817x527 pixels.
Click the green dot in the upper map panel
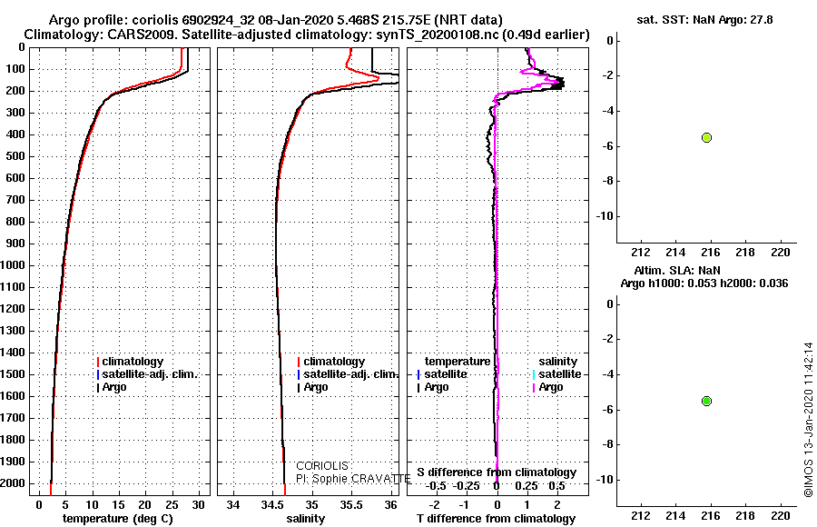pyautogui.click(x=706, y=138)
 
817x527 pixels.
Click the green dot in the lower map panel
pyautogui.click(x=706, y=402)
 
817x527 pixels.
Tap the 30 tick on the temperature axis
pyautogui.click(x=199, y=505)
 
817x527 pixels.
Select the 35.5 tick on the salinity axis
pyautogui.click(x=351, y=505)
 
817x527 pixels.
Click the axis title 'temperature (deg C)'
pyautogui.click(x=118, y=519)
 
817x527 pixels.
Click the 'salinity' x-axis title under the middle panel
pyautogui.click(x=306, y=519)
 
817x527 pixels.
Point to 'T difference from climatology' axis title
pyautogui.click(x=497, y=519)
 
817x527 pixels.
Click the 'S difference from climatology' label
pyautogui.click(x=497, y=472)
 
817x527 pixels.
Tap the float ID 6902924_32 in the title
pyautogui.click(x=218, y=20)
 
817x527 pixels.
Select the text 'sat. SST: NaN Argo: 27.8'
pyautogui.click(x=705, y=20)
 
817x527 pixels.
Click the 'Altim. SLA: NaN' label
pyautogui.click(x=677, y=271)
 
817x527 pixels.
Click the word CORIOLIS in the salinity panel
pyautogui.click(x=322, y=466)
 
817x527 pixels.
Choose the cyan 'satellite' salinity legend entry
pyautogui.click(x=557, y=374)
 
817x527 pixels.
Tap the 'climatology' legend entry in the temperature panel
pyautogui.click(x=130, y=362)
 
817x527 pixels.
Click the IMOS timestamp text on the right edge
pyautogui.click(x=808, y=420)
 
